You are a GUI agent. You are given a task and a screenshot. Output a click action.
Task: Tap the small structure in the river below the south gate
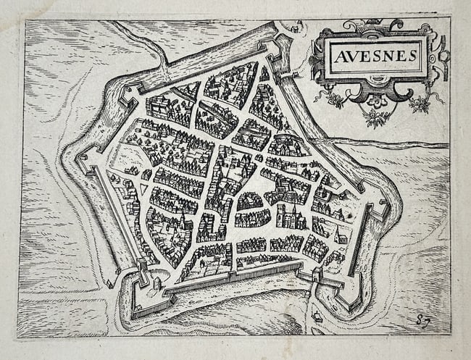point(317,317)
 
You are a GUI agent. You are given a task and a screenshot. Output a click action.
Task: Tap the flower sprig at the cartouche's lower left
point(335,100)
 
